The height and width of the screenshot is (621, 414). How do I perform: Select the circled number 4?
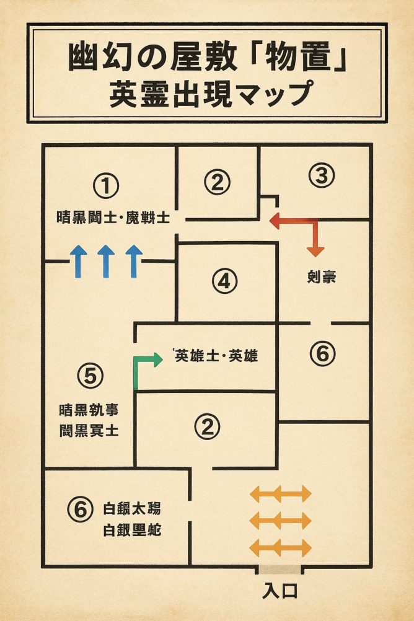224,282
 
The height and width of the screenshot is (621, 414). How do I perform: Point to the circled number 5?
90,375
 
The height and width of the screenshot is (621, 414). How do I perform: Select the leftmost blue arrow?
77,260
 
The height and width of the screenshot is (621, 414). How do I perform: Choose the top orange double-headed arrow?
280,493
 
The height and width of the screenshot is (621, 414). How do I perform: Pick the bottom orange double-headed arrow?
280,548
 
